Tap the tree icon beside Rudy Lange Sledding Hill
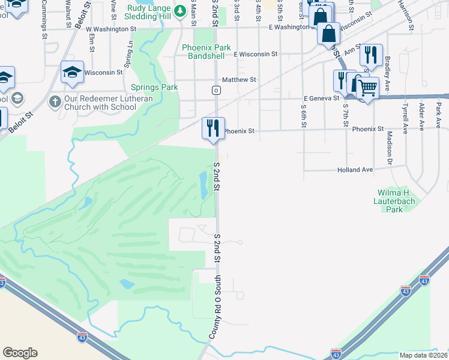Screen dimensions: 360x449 [x=179, y=11]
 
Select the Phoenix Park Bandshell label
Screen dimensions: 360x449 [x=206, y=52]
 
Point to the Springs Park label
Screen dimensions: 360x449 [x=154, y=87]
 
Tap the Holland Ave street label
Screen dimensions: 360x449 [x=355, y=170]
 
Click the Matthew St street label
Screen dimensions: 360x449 [x=239, y=79]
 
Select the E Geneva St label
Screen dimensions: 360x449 [x=321, y=98]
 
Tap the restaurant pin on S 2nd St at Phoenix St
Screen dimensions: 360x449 [x=212, y=128]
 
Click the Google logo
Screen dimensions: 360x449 [x=20, y=352]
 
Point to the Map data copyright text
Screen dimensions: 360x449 [x=424, y=355]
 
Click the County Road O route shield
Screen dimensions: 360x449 [x=215, y=90]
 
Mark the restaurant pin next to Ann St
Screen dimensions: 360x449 [x=372, y=56]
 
